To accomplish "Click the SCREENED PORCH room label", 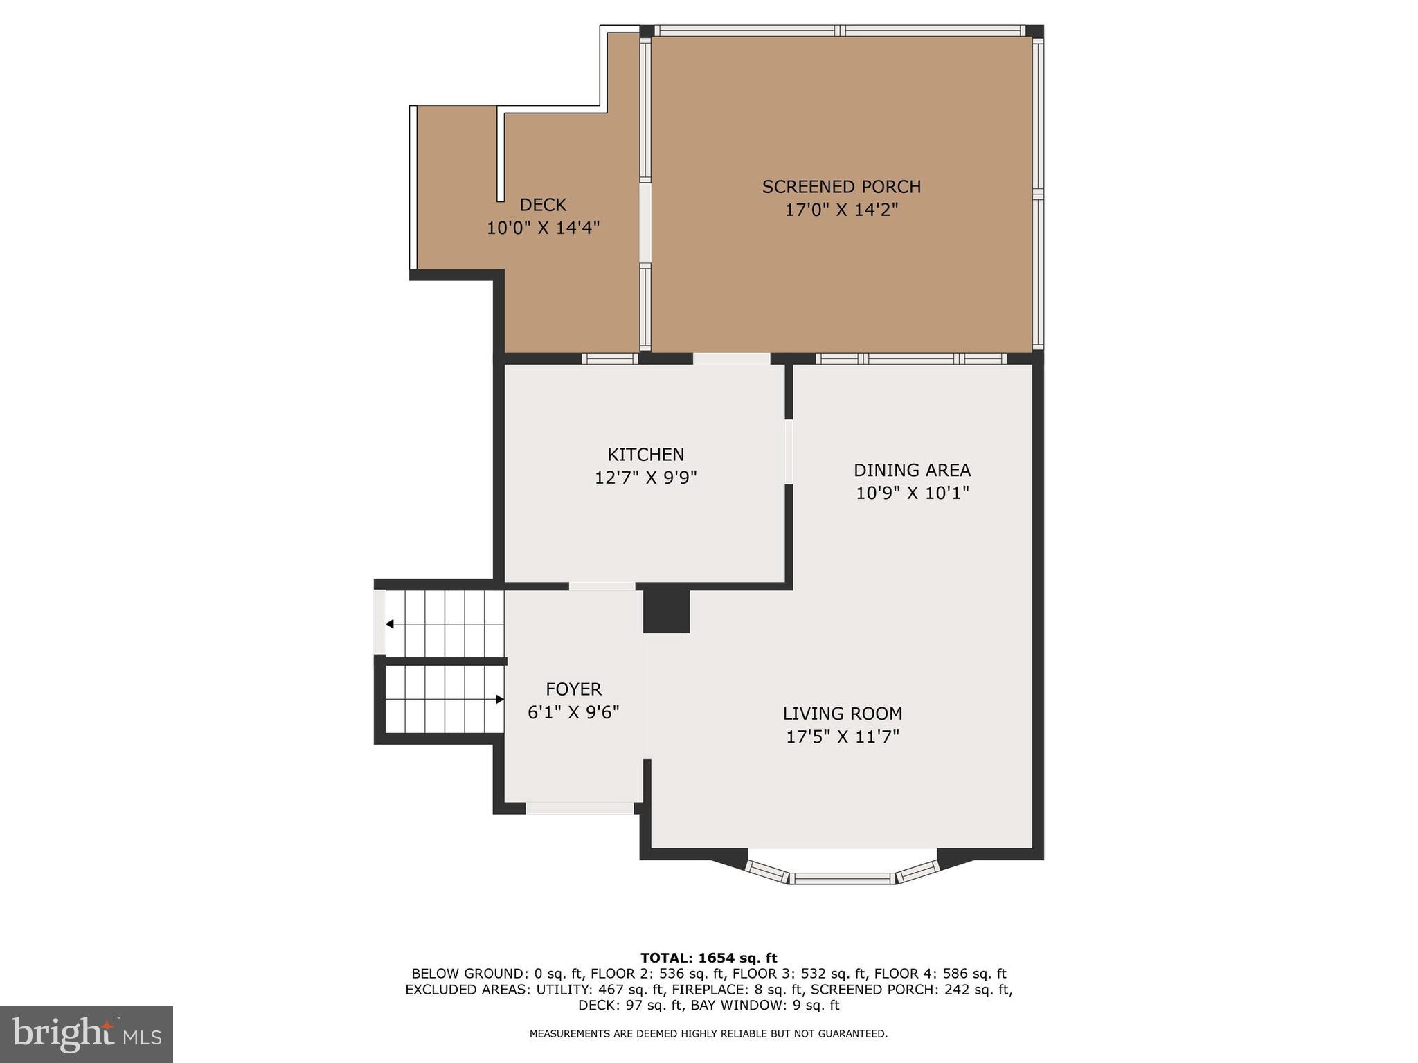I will (x=841, y=187).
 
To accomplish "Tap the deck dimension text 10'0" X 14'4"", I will (x=543, y=228).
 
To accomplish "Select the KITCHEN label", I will (x=645, y=455).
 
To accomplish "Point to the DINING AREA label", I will (x=912, y=470).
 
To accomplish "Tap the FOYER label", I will (x=573, y=689).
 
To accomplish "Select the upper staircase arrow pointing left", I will (x=391, y=624).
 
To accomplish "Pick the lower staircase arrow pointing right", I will (x=499, y=699).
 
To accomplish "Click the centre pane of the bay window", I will (x=842, y=878).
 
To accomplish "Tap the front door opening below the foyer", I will (x=580, y=808).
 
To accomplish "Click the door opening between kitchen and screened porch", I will (x=732, y=358).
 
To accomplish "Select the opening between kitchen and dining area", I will (x=789, y=451).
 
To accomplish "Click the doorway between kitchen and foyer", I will (x=602, y=586).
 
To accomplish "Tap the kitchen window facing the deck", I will (x=609, y=358).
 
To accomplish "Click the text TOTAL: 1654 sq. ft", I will (x=708, y=958).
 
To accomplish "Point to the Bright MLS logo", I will (x=87, y=1034).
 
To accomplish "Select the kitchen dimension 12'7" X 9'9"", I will (x=645, y=478).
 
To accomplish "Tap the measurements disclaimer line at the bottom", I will (x=708, y=1034).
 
